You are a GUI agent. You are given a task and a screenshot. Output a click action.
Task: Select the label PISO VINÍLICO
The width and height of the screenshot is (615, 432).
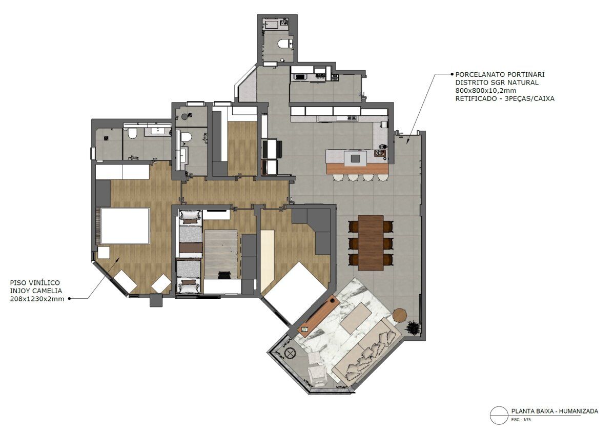[35, 282]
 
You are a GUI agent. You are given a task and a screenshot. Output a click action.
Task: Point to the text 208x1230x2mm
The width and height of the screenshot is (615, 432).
[37, 299]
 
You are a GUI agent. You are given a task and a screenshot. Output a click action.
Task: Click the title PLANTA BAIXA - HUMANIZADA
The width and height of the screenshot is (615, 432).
[555, 419]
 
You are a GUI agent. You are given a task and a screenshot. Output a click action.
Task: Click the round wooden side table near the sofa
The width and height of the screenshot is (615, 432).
[399, 315]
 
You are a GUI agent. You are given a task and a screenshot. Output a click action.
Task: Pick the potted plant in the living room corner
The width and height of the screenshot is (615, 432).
[413, 327]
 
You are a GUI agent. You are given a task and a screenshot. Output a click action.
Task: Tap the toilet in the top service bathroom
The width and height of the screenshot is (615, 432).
[285, 44]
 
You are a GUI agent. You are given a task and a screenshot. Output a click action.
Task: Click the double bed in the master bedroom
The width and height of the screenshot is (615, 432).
[125, 226]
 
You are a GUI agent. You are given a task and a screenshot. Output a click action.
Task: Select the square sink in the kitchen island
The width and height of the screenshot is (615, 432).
[355, 158]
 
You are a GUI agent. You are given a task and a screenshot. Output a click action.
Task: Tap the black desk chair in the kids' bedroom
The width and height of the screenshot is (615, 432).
[224, 275]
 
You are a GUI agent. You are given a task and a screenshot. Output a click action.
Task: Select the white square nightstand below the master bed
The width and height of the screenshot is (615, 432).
[104, 253]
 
